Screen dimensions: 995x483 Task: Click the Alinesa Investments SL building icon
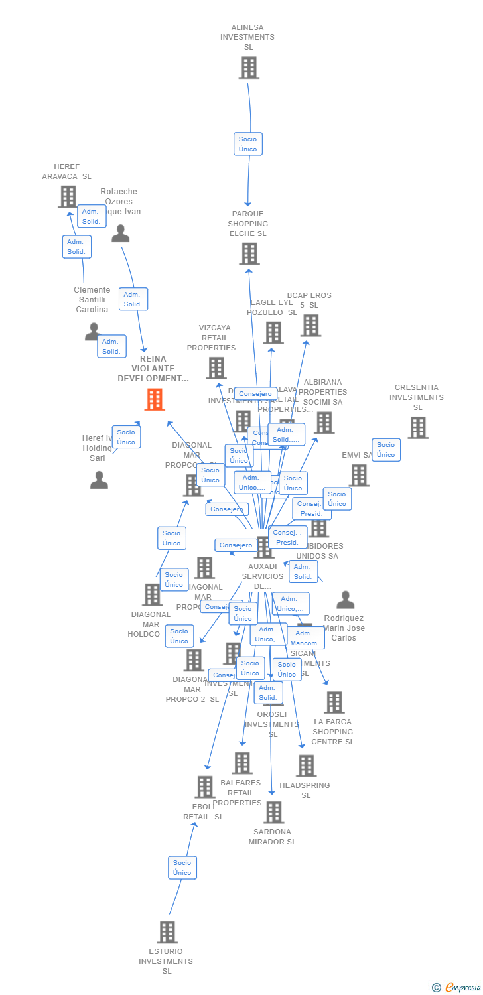click(249, 68)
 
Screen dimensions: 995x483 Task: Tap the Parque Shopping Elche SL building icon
click(249, 253)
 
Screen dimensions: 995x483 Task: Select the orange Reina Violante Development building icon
click(155, 399)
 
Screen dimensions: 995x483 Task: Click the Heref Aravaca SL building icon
click(67, 196)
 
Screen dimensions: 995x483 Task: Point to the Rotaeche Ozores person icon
click(120, 233)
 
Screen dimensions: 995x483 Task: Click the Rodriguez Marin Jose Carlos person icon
click(345, 600)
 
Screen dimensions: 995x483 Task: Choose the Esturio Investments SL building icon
click(167, 932)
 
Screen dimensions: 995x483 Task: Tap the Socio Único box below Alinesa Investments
click(248, 144)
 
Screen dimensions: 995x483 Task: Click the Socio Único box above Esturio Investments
click(182, 868)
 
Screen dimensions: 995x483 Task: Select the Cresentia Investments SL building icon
click(417, 428)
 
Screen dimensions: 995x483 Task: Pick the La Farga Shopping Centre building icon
click(334, 702)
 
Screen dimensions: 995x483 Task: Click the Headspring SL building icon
click(306, 765)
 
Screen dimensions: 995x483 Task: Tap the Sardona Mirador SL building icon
click(273, 812)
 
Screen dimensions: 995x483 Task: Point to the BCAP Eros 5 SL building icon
click(310, 325)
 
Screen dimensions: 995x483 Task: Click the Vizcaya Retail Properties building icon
click(216, 368)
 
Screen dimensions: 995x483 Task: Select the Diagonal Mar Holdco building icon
click(152, 595)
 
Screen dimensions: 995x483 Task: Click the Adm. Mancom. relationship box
click(305, 638)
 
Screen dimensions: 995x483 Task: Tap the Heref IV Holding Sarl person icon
click(99, 480)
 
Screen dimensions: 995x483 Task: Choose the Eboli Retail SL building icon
click(204, 787)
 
